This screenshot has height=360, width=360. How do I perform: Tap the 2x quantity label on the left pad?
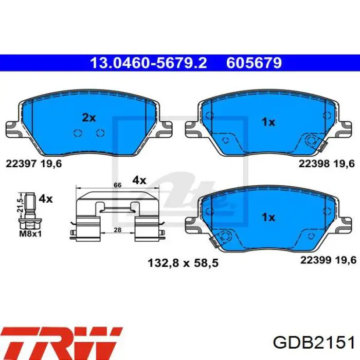point(89,118)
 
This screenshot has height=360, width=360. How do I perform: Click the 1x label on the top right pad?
point(268,122)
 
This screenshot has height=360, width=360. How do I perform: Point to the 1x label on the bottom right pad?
point(268,218)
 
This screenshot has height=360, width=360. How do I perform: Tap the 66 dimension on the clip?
point(117,184)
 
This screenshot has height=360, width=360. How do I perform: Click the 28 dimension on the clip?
point(117,230)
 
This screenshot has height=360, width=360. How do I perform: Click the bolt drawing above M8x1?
point(30,212)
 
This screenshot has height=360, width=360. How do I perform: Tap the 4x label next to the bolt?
point(46,198)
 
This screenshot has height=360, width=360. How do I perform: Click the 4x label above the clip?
point(139,180)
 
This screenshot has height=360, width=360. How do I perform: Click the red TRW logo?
point(61,340)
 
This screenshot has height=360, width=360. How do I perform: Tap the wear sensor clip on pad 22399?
point(222,239)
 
